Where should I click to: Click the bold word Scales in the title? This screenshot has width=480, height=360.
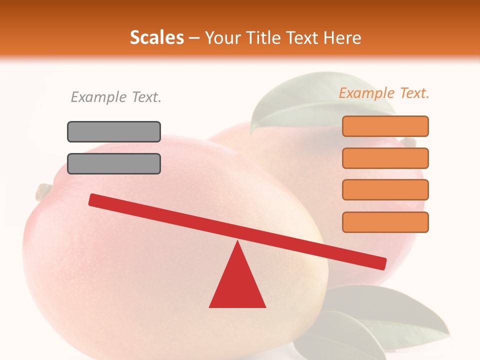pyautogui.click(x=156, y=37)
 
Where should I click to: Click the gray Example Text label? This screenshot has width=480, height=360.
pyautogui.click(x=116, y=97)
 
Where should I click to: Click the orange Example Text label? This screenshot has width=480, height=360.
pyautogui.click(x=384, y=93)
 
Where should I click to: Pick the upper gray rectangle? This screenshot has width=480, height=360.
pyautogui.click(x=114, y=131)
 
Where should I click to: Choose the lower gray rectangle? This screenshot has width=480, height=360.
pyautogui.click(x=114, y=163)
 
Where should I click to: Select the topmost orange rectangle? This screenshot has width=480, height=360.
pyautogui.click(x=385, y=126)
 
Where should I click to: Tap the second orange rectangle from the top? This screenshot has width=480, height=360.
pyautogui.click(x=385, y=158)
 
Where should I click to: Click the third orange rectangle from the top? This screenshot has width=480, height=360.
pyautogui.click(x=385, y=190)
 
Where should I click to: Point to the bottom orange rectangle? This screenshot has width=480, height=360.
pyautogui.click(x=385, y=222)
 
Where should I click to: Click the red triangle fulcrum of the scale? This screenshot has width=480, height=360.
pyautogui.click(x=237, y=282)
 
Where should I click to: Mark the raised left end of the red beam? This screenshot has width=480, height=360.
pyautogui.click(x=95, y=199)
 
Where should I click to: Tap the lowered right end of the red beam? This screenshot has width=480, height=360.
pyautogui.click(x=380, y=262)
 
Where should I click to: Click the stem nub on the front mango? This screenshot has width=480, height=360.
pyautogui.click(x=43, y=190)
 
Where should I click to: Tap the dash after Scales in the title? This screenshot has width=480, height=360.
pyautogui.click(x=194, y=38)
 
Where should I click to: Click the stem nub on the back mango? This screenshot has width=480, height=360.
pyautogui.click(x=409, y=142)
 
